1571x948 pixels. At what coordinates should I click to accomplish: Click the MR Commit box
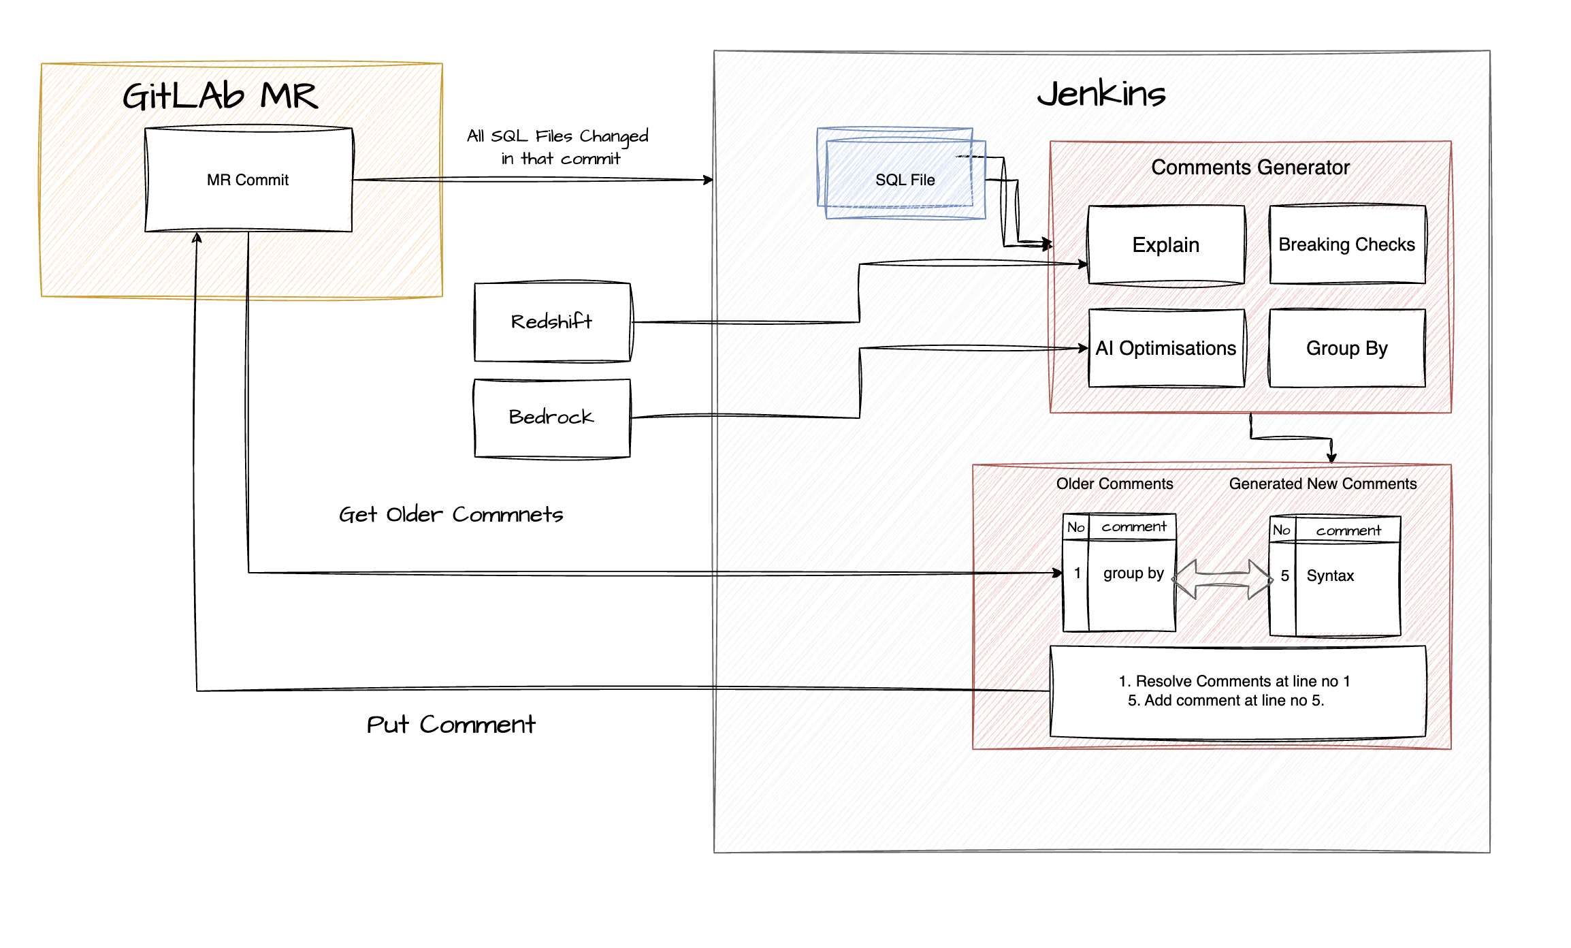(248, 180)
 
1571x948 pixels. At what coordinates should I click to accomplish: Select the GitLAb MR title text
(220, 96)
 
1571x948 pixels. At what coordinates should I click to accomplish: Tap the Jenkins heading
(1101, 93)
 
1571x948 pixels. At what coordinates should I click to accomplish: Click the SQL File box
(905, 180)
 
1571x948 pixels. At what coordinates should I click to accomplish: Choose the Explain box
(1165, 244)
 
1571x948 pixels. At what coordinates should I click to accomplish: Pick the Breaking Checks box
(1346, 244)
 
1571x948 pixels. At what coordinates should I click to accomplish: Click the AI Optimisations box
(1165, 348)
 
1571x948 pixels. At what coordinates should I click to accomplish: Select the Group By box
(1346, 348)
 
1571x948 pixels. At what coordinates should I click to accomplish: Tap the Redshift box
(551, 321)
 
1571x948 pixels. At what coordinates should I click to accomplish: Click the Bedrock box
(551, 417)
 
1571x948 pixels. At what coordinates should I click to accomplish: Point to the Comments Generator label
(1250, 168)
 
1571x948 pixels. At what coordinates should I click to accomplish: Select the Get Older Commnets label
(451, 514)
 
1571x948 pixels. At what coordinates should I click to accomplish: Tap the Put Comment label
(451, 724)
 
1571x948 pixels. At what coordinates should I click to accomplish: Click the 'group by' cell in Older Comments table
(1133, 573)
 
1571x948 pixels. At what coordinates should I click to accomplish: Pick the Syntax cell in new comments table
(1330, 576)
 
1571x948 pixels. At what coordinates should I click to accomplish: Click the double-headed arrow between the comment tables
(1222, 579)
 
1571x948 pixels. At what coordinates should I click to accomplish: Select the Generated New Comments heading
(1323, 484)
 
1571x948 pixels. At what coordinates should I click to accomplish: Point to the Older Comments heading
(1114, 484)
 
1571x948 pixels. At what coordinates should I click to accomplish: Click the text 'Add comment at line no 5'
(1233, 700)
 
